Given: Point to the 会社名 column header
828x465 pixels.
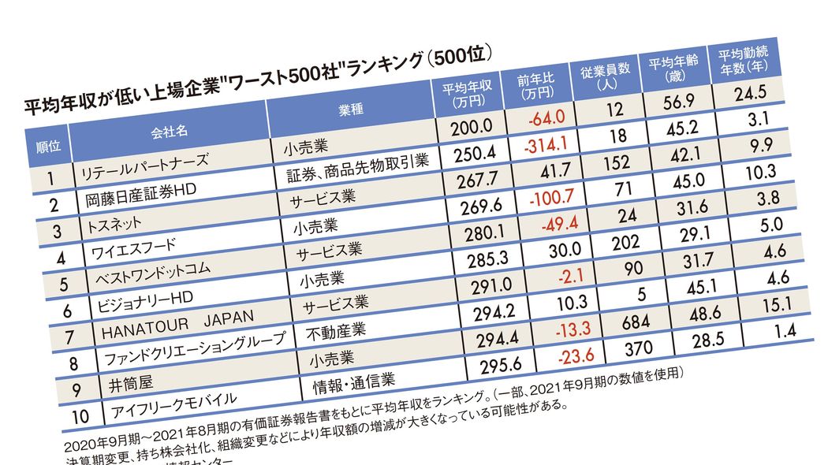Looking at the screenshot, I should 169,126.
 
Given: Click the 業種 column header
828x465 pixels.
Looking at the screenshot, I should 351,110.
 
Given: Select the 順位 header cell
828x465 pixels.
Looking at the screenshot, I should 49,147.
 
